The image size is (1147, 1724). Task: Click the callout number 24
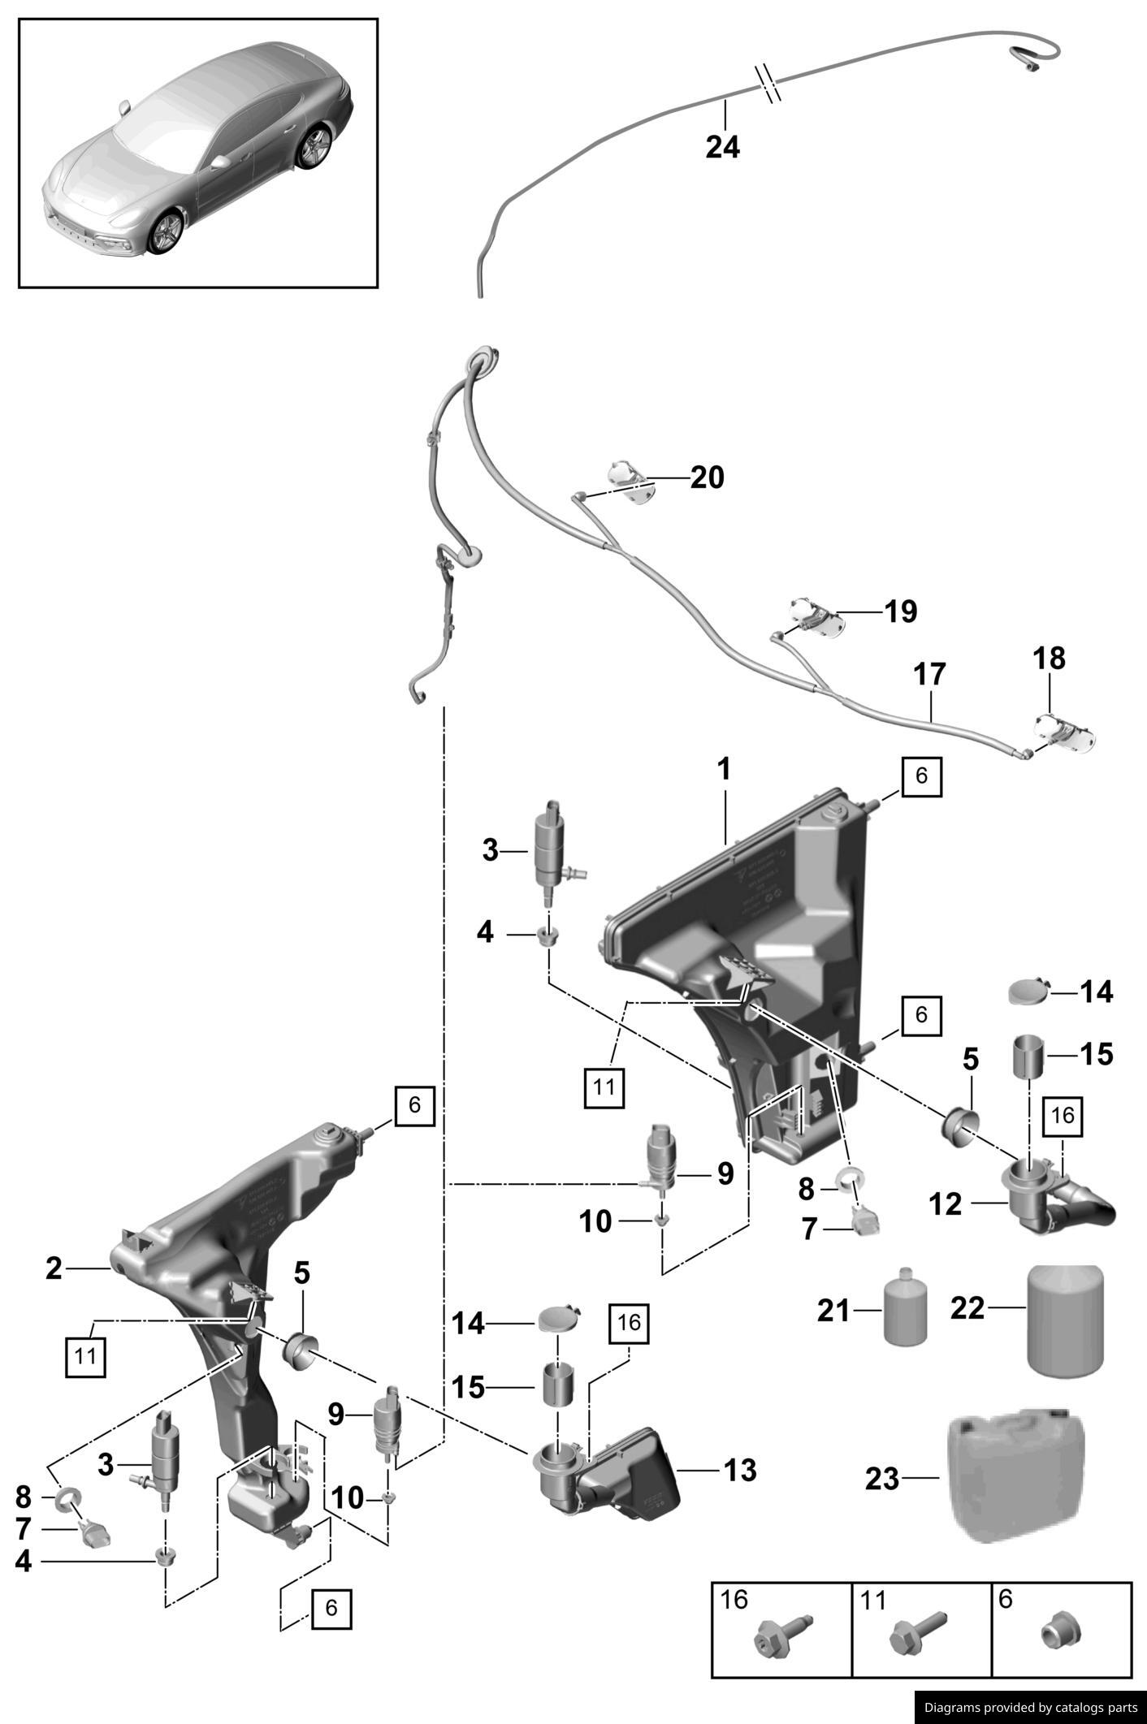(x=722, y=148)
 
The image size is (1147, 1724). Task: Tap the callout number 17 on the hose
(x=929, y=674)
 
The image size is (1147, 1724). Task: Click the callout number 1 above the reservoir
(x=724, y=768)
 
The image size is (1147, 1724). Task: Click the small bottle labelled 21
(x=905, y=1307)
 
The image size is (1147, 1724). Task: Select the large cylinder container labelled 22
(x=1066, y=1320)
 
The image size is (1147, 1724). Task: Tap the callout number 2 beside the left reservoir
(x=54, y=1268)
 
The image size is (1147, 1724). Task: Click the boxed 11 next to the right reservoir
(x=604, y=1086)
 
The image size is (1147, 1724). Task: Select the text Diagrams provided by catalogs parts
(x=1030, y=1708)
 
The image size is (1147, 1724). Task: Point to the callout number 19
(x=900, y=611)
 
